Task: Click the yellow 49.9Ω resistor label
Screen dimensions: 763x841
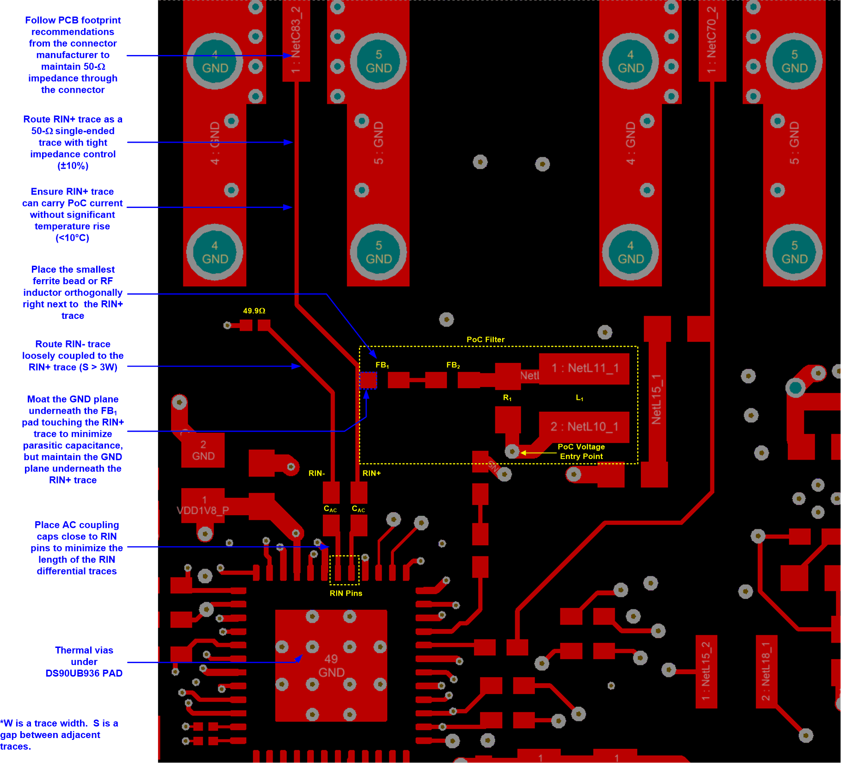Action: click(254, 311)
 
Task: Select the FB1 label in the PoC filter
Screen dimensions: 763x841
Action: click(382, 365)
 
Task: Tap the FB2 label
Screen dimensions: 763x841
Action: click(453, 365)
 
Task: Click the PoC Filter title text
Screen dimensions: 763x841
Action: click(485, 340)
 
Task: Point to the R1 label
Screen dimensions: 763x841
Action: click(507, 398)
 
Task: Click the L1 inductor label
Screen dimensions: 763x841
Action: click(579, 398)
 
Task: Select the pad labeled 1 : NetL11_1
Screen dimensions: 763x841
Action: click(584, 368)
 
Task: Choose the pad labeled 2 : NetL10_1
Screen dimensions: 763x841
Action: click(584, 427)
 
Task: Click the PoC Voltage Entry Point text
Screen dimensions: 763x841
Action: click(581, 452)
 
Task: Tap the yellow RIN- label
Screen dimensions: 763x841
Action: click(317, 473)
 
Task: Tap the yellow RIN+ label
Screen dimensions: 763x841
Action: click(371, 473)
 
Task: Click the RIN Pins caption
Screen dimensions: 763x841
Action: click(346, 593)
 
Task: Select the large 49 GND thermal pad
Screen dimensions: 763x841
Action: click(331, 665)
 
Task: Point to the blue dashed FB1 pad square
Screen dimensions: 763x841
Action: click(368, 380)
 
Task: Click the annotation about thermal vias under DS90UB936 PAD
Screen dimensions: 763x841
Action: click(84, 662)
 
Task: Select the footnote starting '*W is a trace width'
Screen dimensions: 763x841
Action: click(59, 735)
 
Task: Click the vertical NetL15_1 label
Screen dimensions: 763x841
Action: click(656, 400)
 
